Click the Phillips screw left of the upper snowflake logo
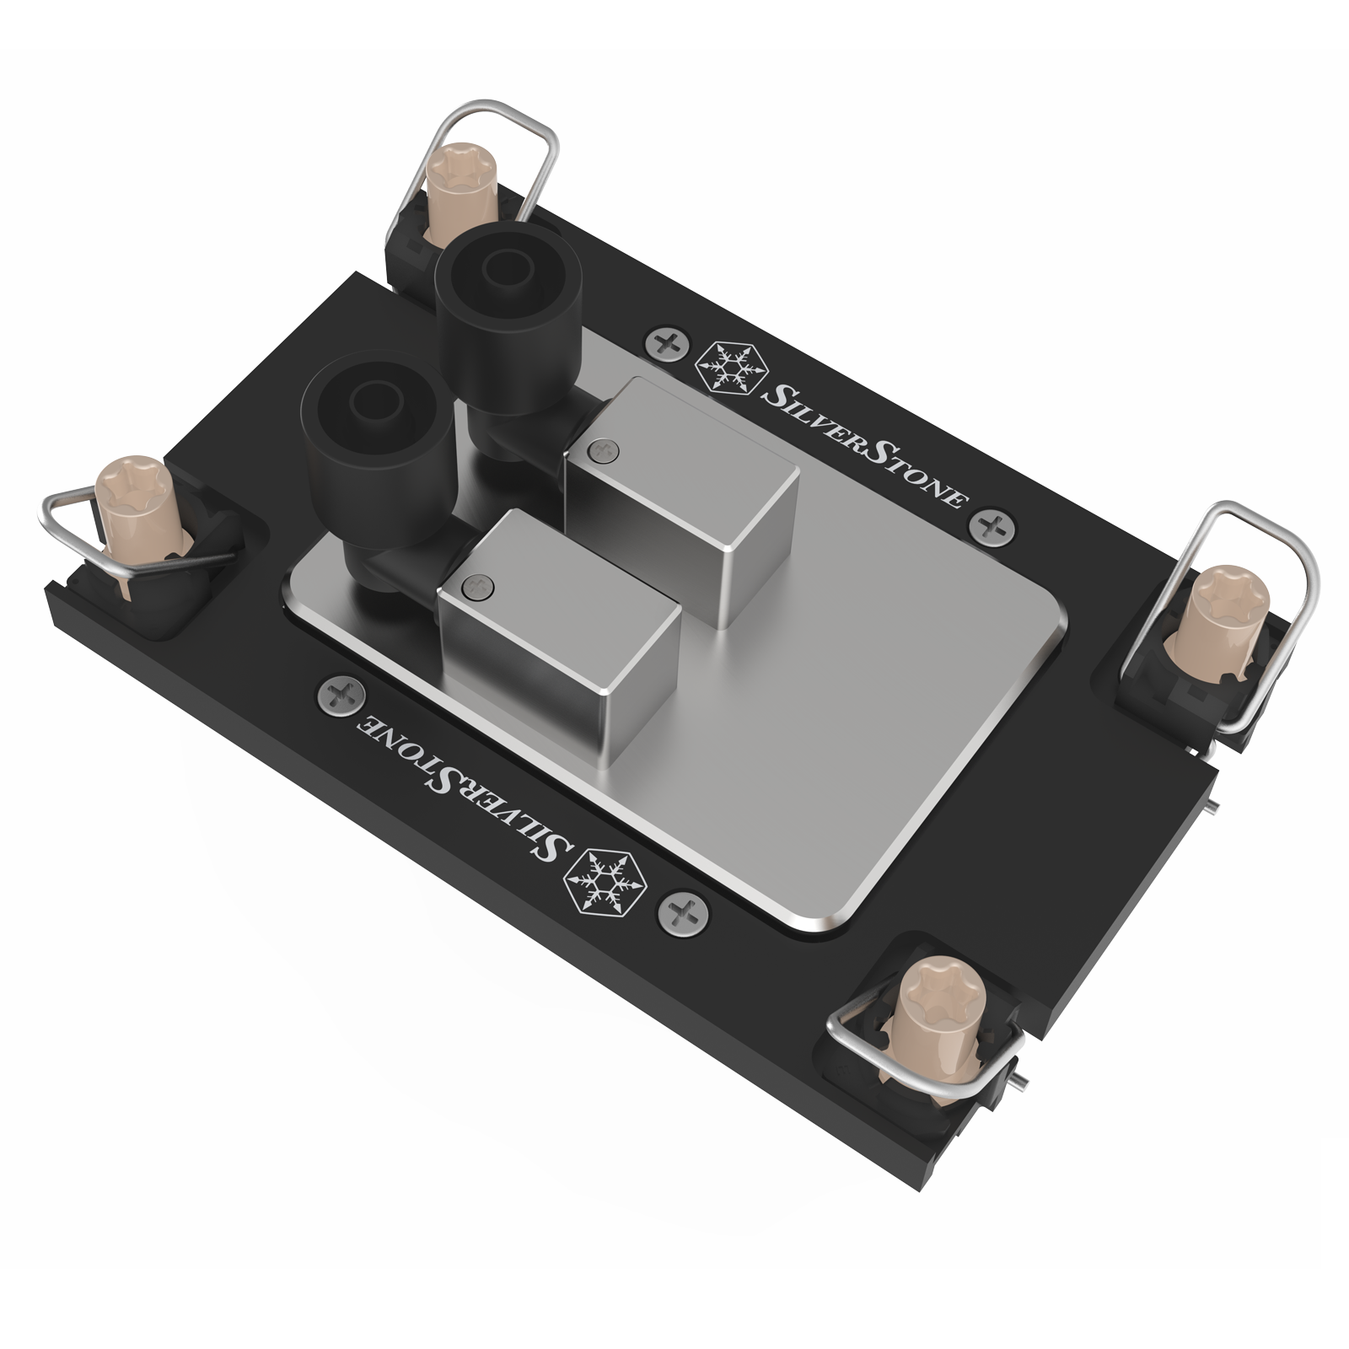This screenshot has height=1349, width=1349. (666, 343)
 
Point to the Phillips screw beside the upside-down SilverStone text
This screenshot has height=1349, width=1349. (341, 697)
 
